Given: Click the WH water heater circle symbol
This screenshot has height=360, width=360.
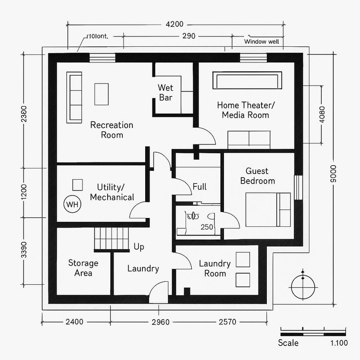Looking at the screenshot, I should point(72,204).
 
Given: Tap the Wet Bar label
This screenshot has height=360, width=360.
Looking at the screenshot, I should point(166,92).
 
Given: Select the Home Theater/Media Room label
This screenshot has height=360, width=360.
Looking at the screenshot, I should point(246,110).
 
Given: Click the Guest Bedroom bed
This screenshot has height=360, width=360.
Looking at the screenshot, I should point(268,210).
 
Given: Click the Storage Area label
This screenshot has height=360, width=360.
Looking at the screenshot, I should point(83,268).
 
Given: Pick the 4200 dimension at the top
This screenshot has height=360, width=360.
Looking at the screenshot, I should point(174,24).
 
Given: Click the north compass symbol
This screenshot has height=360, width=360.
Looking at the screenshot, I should point(303,287).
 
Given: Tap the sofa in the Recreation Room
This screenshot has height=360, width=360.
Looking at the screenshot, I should point(74,97).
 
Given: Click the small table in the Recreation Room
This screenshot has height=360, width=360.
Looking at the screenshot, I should point(101,94).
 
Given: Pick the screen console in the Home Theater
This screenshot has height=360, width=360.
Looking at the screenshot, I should point(247,80).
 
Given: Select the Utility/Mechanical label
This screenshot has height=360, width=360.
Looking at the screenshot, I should point(112,192).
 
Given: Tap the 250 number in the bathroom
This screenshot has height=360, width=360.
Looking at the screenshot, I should point(207,227).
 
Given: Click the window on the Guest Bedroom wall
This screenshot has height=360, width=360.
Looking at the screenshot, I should point(297,187).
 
